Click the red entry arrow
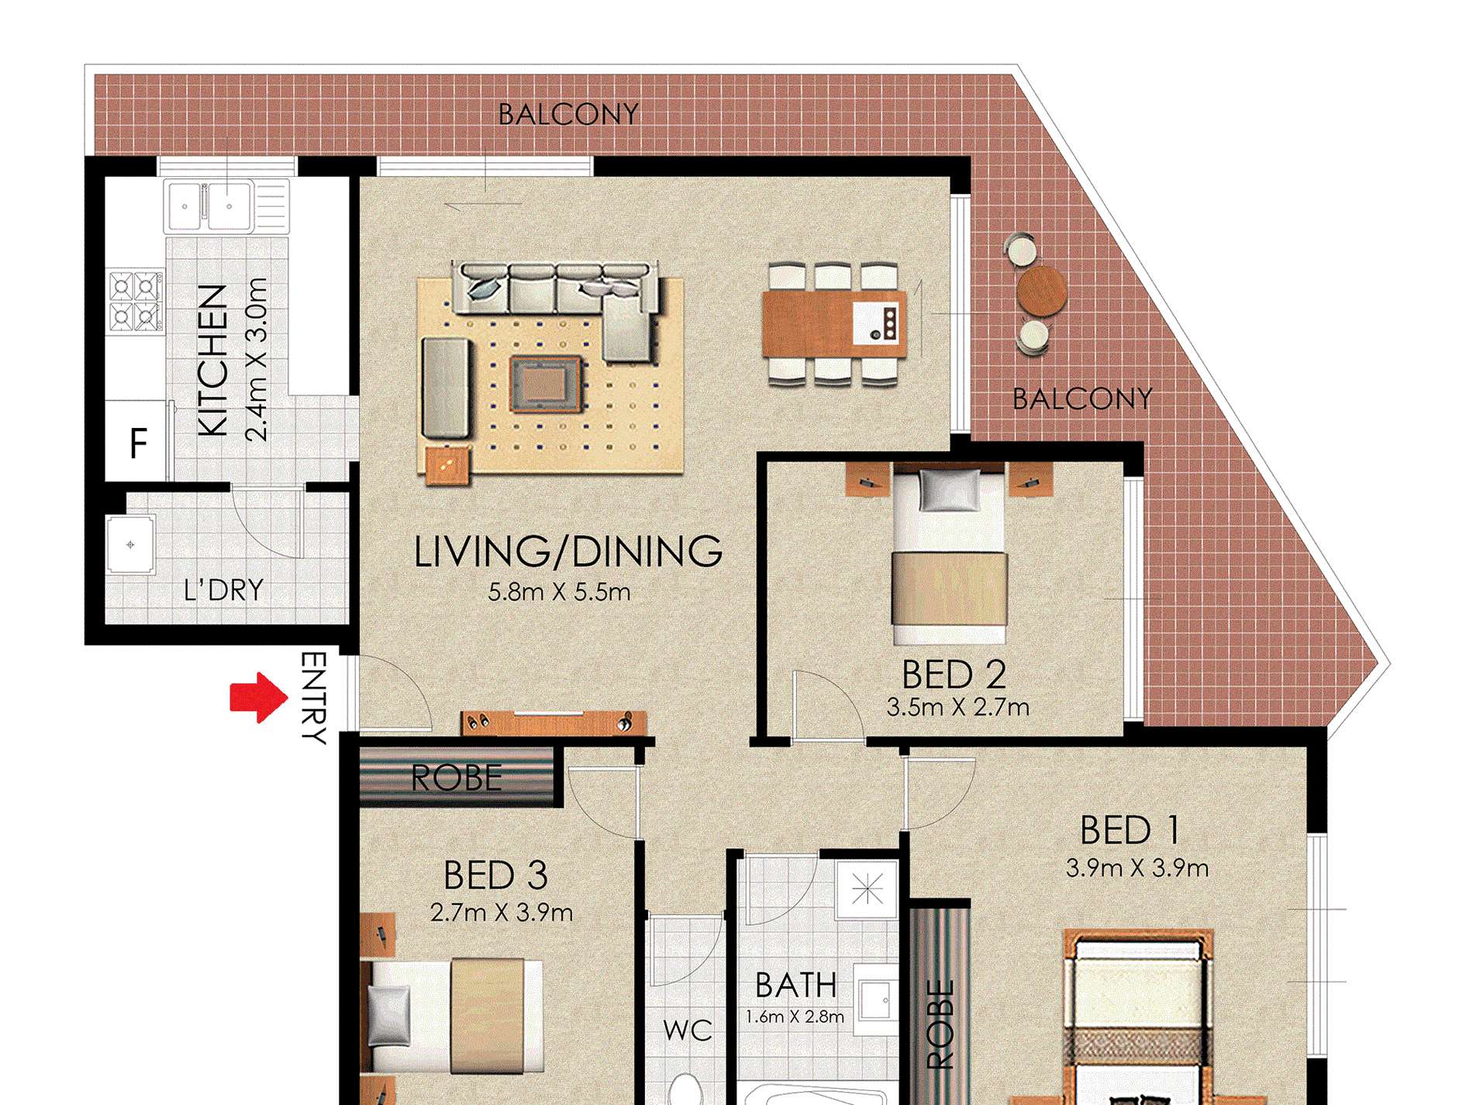pyautogui.click(x=259, y=697)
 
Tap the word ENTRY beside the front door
pyautogui.click(x=313, y=698)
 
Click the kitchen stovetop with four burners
pyautogui.click(x=136, y=301)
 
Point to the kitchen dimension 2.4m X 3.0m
pyautogui.click(x=256, y=360)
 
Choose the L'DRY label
pyautogui.click(x=223, y=591)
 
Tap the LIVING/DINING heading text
pyautogui.click(x=568, y=551)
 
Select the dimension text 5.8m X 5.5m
pyautogui.click(x=559, y=592)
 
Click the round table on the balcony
pyautogui.click(x=1041, y=291)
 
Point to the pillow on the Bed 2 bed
pyautogui.click(x=948, y=491)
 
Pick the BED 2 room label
pyautogui.click(x=954, y=675)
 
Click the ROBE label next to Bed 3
pyautogui.click(x=457, y=778)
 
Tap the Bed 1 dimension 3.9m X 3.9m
pyautogui.click(x=1137, y=868)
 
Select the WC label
pyautogui.click(x=688, y=1031)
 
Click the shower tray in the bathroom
pyautogui.click(x=867, y=889)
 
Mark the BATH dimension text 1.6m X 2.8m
pyautogui.click(x=795, y=1017)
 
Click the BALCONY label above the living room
pyautogui.click(x=568, y=115)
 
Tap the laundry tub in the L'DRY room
pyautogui.click(x=130, y=544)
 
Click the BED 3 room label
pyautogui.click(x=495, y=876)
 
